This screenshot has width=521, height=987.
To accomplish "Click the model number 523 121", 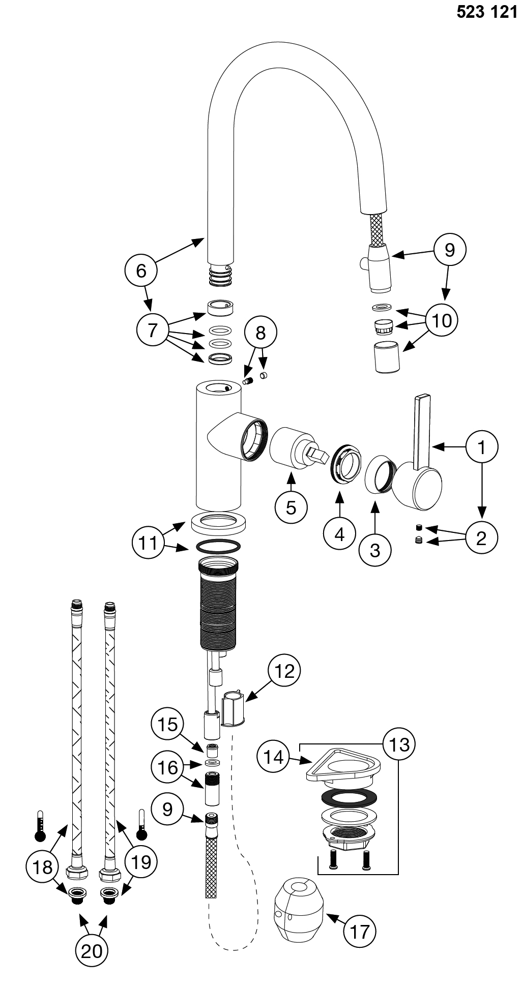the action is click(x=486, y=12).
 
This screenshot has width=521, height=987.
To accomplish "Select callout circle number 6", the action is click(x=141, y=270).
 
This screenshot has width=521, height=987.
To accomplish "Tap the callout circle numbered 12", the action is click(x=285, y=671).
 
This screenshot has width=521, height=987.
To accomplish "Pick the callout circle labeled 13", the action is click(x=399, y=744).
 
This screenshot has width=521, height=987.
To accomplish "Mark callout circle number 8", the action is click(x=260, y=333).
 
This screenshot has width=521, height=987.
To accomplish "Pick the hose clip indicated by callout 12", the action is click(x=234, y=708).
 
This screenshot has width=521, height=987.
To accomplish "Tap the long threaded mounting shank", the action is click(x=218, y=603).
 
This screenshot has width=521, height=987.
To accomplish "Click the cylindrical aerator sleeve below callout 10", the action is click(x=387, y=357).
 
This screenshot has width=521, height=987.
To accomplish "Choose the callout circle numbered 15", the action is click(x=167, y=725).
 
